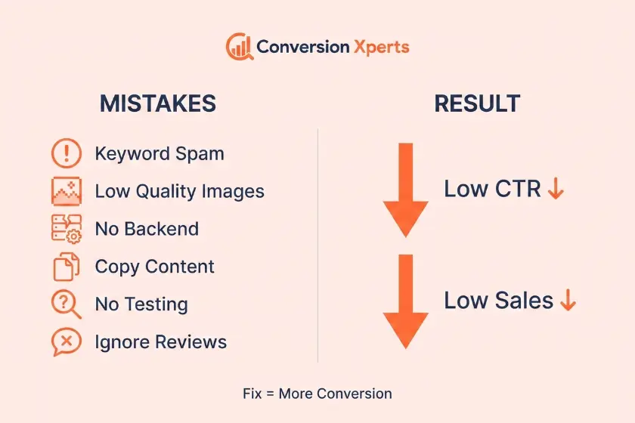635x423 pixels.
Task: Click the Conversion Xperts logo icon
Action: (240, 47)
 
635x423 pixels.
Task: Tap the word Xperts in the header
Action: (382, 48)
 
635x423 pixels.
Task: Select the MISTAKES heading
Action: (158, 103)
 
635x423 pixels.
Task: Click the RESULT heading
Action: (477, 103)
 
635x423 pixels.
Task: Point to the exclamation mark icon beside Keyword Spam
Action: (67, 153)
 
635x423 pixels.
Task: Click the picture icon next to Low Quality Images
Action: (67, 191)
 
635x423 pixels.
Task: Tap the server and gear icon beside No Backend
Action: (67, 229)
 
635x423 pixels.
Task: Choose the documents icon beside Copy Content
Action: (67, 267)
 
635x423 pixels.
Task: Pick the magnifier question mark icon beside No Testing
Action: (66, 304)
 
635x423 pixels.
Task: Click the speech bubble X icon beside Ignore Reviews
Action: (67, 342)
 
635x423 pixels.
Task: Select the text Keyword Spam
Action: (160, 154)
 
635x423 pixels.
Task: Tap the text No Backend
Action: (147, 229)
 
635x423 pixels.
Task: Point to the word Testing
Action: (162, 304)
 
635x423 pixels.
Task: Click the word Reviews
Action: (191, 342)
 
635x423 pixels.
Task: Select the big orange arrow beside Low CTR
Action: (406, 190)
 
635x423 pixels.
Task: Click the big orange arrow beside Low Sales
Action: (406, 301)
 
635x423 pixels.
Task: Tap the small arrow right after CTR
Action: (556, 188)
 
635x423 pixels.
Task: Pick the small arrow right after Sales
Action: (568, 300)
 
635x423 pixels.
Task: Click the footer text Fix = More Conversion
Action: (317, 394)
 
